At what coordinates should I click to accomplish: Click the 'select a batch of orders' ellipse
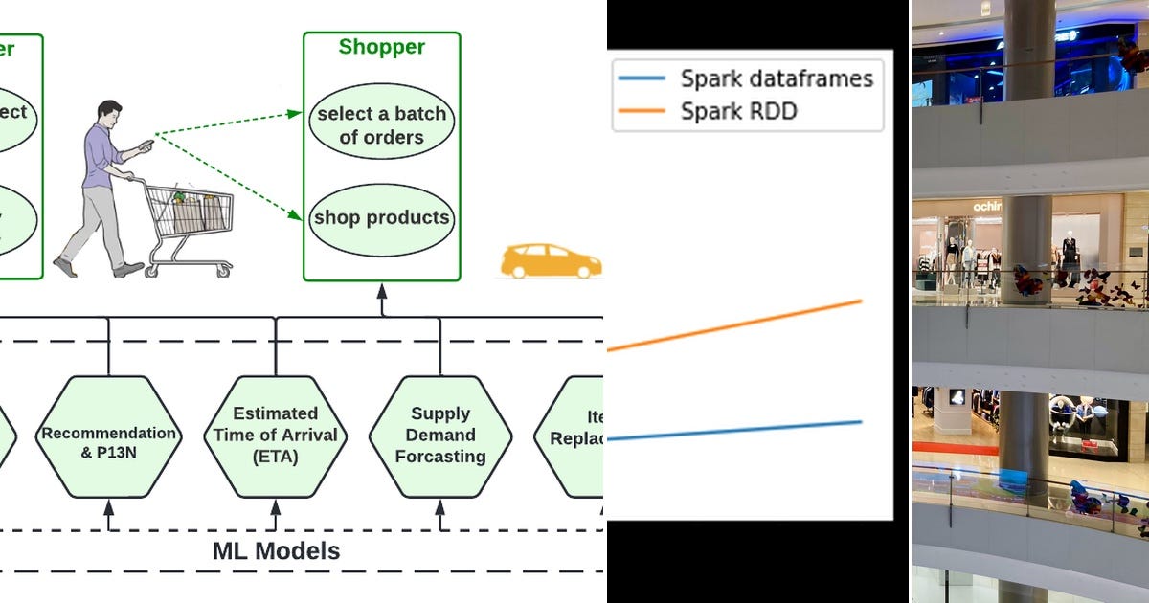pos(382,125)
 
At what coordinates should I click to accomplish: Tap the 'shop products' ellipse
pos(382,218)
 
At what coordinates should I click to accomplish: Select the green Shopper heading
pos(382,47)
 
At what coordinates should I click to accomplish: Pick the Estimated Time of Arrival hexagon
pos(276,436)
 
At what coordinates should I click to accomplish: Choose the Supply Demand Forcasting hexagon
pos(440,436)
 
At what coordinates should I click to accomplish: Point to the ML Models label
pos(276,551)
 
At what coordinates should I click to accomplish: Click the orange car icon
pos(551,260)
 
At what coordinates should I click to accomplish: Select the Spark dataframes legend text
pos(777,78)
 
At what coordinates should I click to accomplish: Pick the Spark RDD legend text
pos(738,111)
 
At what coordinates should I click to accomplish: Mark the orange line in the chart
pos(737,325)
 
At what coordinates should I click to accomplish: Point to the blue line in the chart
pos(737,431)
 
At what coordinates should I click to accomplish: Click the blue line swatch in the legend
pos(643,78)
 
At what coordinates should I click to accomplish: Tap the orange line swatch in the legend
pos(643,111)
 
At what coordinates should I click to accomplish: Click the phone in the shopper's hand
pos(146,144)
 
